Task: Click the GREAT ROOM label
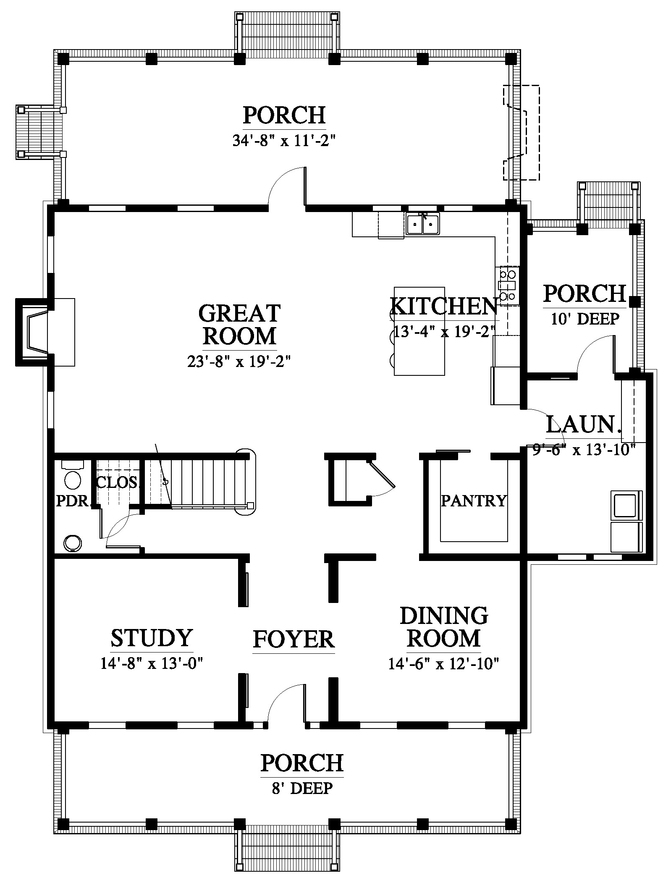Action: pos(239,325)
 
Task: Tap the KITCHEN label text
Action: pos(444,306)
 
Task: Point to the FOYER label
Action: pos(294,639)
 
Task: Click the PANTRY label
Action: pos(474,501)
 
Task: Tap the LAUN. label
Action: pos(584,425)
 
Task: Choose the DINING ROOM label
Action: pos(444,627)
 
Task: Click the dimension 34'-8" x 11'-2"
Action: pos(285,140)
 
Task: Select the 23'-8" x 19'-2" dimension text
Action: pos(239,361)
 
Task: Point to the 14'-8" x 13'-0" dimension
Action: pos(152,663)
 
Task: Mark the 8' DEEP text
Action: pos(302,788)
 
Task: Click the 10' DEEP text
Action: pos(585,319)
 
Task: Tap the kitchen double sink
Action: pos(422,223)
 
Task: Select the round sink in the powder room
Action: pos(73,543)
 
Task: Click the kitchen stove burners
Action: pos(507,286)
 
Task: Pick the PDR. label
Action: pos(73,501)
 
